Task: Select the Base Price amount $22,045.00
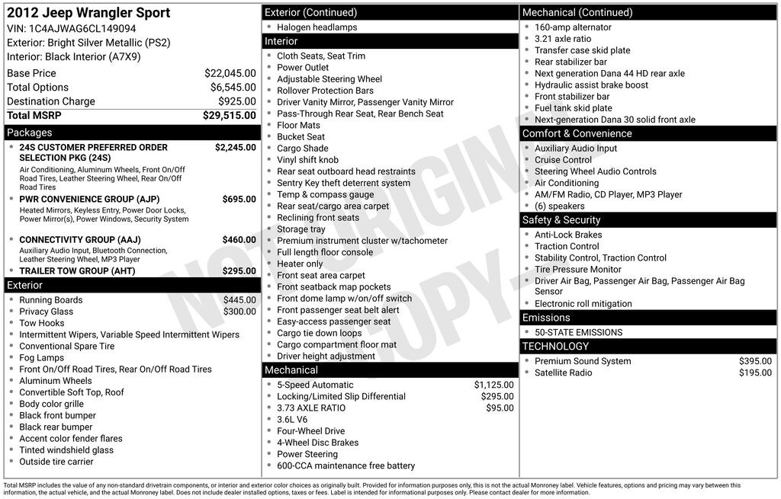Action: pyautogui.click(x=230, y=73)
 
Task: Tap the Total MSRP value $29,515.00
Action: pyautogui.click(x=229, y=116)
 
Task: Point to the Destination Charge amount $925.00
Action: pyautogui.click(x=236, y=101)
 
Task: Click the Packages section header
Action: pyautogui.click(x=30, y=133)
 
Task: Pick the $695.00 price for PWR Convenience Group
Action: pyautogui.click(x=239, y=200)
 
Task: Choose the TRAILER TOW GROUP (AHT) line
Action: pyautogui.click(x=77, y=271)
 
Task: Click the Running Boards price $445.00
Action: pyautogui.click(x=239, y=300)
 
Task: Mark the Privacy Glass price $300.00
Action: pyautogui.click(x=239, y=312)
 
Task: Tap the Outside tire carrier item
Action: pyautogui.click(x=56, y=462)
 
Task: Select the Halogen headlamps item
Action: pyautogui.click(x=317, y=27)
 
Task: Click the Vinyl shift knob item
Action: pyautogui.click(x=307, y=160)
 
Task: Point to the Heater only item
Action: pyautogui.click(x=300, y=264)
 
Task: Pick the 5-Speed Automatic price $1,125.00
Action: pyautogui.click(x=493, y=385)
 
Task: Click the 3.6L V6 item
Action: pyautogui.click(x=292, y=420)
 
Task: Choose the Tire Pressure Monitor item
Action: pyautogui.click(x=577, y=269)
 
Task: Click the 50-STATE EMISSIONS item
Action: pyautogui.click(x=578, y=332)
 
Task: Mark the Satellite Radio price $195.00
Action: pyautogui.click(x=755, y=373)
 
